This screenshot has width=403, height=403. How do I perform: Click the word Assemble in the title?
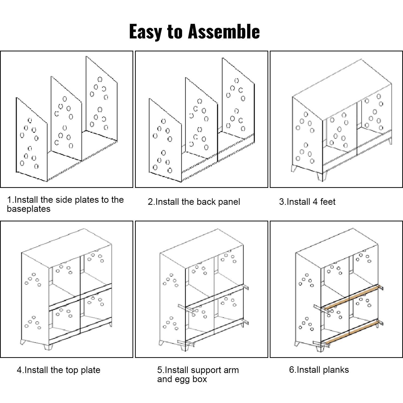pyautogui.click(x=224, y=31)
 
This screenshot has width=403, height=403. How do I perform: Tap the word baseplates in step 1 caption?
pyautogui.click(x=29, y=209)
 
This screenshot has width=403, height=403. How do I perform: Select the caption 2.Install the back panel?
pyautogui.click(x=194, y=202)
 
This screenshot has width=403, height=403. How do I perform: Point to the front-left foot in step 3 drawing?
pyautogui.click(x=294, y=168)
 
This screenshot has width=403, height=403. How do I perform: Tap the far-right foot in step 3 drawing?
pyautogui.click(x=390, y=141)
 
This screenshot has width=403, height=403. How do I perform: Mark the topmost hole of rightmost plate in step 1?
pyautogui.click(x=100, y=80)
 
